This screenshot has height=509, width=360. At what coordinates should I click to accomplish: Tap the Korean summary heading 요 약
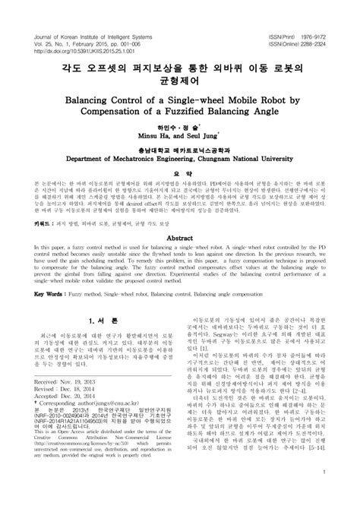pyautogui.click(x=180, y=194)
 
